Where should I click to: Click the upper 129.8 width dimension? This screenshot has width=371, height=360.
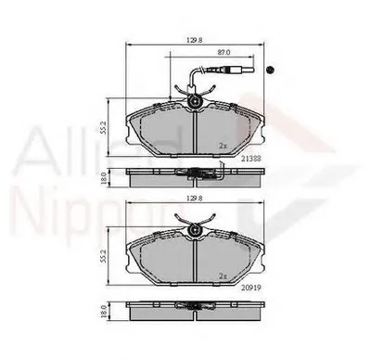tap(194, 39)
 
